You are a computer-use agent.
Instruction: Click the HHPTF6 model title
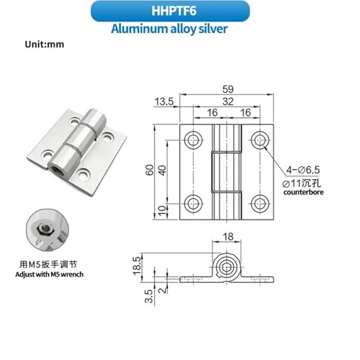[x=174, y=11]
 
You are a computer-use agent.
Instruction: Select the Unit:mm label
[x=45, y=45]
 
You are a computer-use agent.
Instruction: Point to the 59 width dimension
[x=228, y=89]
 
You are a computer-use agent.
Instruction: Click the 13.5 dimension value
[x=164, y=102]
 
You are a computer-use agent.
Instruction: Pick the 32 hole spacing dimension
[x=228, y=102]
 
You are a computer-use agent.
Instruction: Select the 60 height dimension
[x=150, y=170]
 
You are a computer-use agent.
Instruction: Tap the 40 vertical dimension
[x=163, y=171]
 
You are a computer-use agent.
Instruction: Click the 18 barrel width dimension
[x=228, y=237]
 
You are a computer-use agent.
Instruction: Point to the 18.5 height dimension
[x=137, y=266]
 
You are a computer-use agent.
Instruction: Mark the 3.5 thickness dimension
[x=149, y=296]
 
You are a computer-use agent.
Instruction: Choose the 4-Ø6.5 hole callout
[x=303, y=170]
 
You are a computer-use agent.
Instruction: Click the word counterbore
[x=303, y=192]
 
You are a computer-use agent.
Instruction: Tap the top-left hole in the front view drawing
[x=193, y=140]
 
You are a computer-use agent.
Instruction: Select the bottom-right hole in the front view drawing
[x=260, y=204]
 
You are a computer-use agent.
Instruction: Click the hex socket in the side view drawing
[x=226, y=267]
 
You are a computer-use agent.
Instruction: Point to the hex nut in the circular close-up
[x=42, y=229]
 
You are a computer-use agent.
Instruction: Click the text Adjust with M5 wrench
[x=50, y=274]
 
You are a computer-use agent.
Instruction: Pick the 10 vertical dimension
[x=163, y=211]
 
